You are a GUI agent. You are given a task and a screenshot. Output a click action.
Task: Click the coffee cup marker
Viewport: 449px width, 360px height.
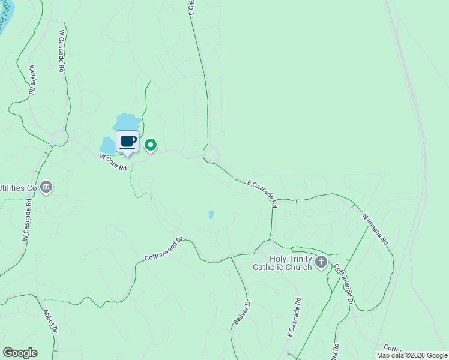(127, 142)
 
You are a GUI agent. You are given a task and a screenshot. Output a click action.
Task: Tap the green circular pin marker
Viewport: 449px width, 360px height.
(151, 145)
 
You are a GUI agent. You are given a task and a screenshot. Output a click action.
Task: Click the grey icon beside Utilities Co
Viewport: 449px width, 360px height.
(47, 188)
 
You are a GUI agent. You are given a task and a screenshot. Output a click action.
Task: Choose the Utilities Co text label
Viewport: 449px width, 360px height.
(18, 188)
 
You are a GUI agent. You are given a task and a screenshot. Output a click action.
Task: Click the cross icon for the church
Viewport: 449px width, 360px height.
(321, 262)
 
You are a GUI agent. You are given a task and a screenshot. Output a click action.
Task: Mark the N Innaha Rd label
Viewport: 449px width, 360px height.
(375, 229)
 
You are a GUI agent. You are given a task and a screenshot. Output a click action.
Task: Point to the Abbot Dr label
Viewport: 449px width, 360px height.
(50, 322)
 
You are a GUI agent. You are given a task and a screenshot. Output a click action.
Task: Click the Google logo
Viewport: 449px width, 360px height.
(19, 353)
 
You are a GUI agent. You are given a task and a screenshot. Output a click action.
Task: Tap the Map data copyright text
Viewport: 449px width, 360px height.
(412, 355)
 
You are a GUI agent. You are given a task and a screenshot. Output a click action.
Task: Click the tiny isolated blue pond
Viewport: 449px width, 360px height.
(211, 215)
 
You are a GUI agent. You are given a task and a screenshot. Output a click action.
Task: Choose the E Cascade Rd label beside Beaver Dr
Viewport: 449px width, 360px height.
(293, 325)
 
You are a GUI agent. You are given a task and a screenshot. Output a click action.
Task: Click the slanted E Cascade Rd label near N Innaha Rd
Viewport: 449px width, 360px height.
(262, 193)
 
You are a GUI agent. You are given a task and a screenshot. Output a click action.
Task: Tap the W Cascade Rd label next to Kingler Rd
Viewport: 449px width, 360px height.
(61, 51)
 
